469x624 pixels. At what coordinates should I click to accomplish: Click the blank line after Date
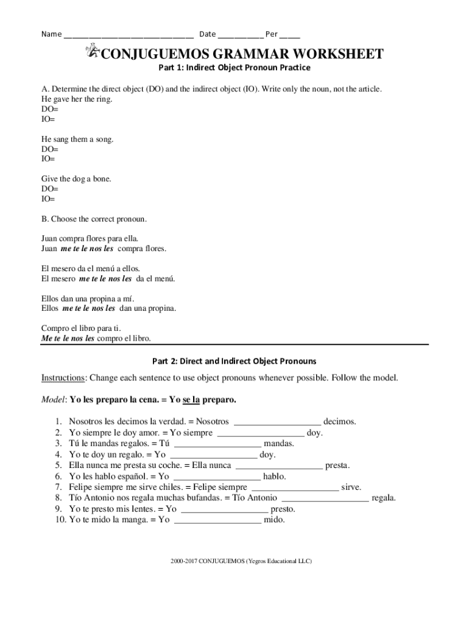pos(240,35)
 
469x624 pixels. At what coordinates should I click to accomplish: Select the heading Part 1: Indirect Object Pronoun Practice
pos(234,68)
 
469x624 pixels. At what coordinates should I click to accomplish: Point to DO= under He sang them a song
pos(50,149)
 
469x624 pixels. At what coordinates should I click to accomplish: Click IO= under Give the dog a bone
pos(48,199)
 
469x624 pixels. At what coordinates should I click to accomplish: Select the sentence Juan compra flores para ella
pos(94,238)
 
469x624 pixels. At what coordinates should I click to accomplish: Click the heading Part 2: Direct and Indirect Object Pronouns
pos(234,361)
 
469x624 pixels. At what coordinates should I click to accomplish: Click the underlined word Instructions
pos(63,378)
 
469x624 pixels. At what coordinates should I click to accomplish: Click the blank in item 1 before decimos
pos(277,422)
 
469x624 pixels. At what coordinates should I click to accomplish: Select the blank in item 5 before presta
pos(278,466)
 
